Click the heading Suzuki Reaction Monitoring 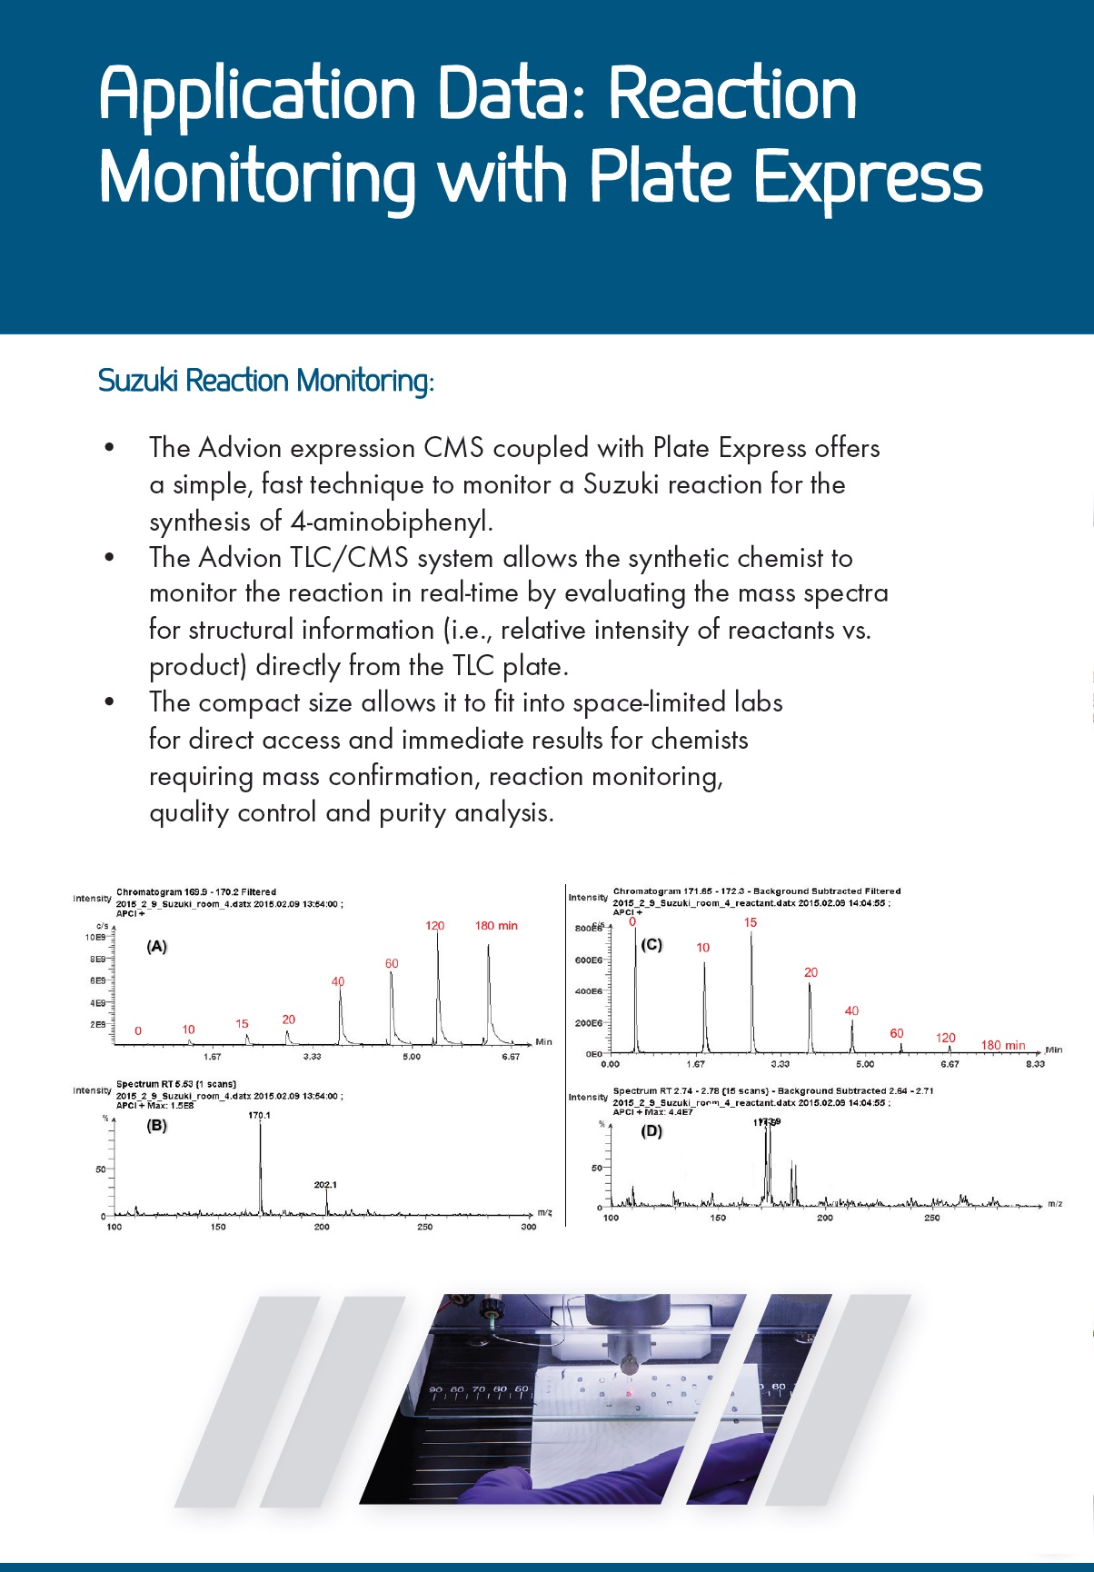265,380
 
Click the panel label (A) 157,946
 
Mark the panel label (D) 651,1131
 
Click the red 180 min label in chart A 496,925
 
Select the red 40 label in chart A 338,981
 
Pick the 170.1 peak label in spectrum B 259,1115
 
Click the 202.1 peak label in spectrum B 325,1185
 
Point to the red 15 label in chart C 750,922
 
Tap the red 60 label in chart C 897,1033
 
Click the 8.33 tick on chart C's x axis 1035,1064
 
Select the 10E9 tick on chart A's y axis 95,937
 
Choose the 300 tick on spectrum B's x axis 528,1227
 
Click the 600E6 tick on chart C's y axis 589,960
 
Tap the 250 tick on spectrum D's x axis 931,1218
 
